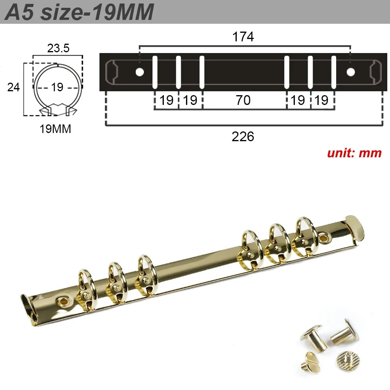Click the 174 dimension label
[x=243, y=37]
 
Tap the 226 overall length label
[x=243, y=136]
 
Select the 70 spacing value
[x=243, y=100]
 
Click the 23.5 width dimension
[x=58, y=48]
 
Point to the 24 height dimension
[x=14, y=87]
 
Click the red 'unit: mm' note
[x=354, y=152]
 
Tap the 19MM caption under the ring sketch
[x=55, y=129]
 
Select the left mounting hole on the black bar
[x=139, y=72]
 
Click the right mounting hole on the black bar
[x=351, y=72]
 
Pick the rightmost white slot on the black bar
[x=333, y=72]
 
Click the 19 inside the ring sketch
[x=57, y=87]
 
